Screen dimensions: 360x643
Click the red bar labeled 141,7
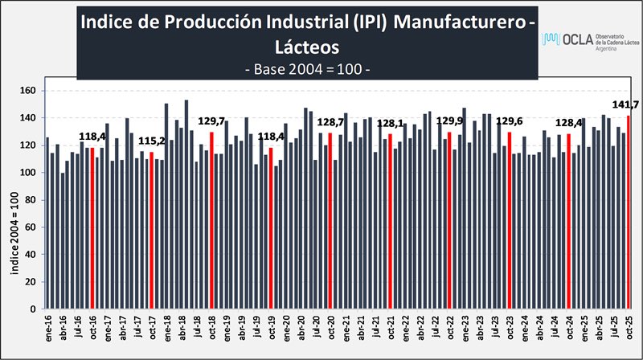[629, 212]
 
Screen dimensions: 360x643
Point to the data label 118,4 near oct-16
[93, 137]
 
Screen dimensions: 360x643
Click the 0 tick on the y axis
[35, 309]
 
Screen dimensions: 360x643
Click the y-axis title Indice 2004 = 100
[14, 227]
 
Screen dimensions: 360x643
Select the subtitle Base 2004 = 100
[306, 69]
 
